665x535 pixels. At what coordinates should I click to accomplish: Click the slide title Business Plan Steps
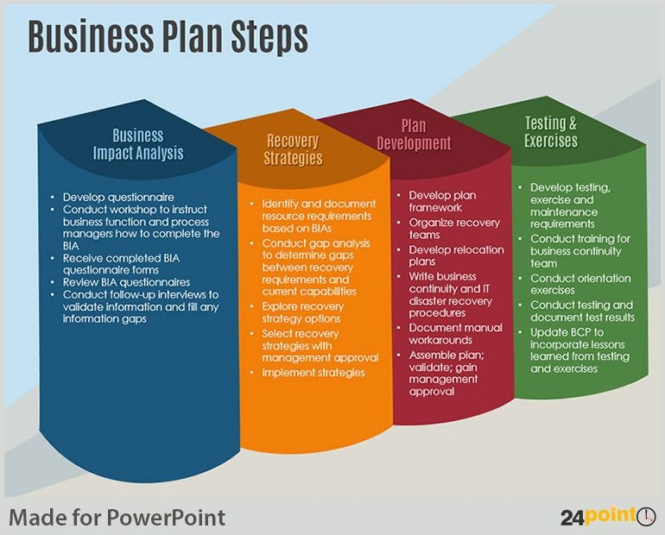pyautogui.click(x=168, y=37)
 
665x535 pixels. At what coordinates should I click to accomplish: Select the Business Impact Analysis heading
pyautogui.click(x=138, y=145)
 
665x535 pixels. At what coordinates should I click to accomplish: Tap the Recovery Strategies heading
pyautogui.click(x=293, y=150)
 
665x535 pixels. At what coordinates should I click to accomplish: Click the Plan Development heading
pyautogui.click(x=414, y=135)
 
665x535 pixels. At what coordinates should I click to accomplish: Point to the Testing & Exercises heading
pyautogui.click(x=550, y=132)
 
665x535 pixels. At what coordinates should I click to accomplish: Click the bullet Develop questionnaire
pyautogui.click(x=118, y=198)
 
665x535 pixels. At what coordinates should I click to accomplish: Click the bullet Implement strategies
pyautogui.click(x=313, y=373)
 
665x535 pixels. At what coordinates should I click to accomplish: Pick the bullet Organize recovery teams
pyautogui.click(x=454, y=229)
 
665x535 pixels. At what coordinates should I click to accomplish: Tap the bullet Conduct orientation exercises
pyautogui.click(x=580, y=285)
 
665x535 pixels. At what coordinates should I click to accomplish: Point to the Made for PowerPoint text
pyautogui.click(x=117, y=518)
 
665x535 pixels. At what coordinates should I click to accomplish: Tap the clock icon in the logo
pyautogui.click(x=646, y=516)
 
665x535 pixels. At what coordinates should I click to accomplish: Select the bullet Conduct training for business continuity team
pyautogui.click(x=580, y=251)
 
